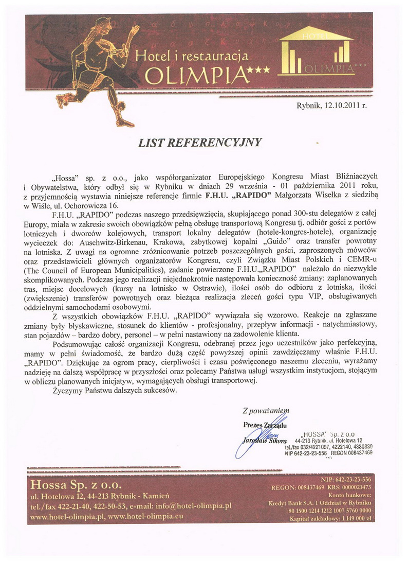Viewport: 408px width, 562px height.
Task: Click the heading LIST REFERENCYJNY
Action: pyautogui.click(x=199, y=142)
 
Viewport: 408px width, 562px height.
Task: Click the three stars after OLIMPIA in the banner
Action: pyautogui.click(x=260, y=77)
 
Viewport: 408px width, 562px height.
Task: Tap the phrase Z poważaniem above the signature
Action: pyautogui.click(x=266, y=410)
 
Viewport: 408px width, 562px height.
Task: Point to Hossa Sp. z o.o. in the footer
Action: pyautogui.click(x=76, y=484)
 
